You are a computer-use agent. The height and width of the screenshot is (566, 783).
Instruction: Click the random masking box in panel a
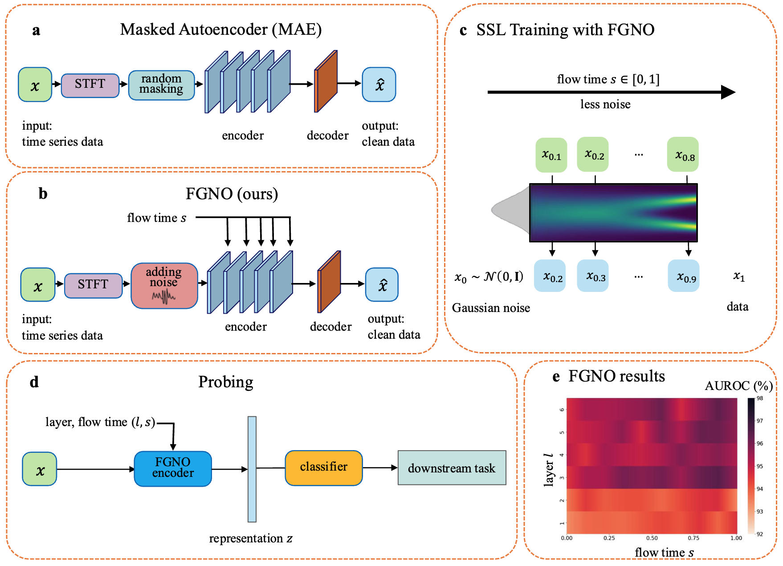click(161, 85)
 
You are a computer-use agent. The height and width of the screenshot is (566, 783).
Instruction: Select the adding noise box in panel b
click(164, 286)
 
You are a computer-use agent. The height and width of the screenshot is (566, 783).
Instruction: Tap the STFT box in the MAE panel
click(90, 85)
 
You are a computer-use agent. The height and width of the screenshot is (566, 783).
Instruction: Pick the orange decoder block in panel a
click(326, 82)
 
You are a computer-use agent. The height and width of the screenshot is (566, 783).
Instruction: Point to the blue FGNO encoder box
click(173, 468)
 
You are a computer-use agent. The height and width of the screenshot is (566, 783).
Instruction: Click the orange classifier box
click(324, 468)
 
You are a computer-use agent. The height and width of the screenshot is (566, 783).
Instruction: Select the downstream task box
click(452, 468)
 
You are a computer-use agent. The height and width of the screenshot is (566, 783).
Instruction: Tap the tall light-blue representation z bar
click(252, 469)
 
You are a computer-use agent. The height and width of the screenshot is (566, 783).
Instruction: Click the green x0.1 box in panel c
click(551, 155)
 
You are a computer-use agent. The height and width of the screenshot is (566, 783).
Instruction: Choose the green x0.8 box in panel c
click(683, 155)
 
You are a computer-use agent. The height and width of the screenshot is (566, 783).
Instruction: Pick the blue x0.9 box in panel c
click(684, 276)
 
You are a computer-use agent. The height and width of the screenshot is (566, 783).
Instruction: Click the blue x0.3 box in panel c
click(593, 276)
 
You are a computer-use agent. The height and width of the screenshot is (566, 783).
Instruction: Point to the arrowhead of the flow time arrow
click(729, 92)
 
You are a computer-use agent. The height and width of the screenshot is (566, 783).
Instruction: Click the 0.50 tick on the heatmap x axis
click(652, 538)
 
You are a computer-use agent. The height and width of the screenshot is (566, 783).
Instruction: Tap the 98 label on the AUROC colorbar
click(760, 398)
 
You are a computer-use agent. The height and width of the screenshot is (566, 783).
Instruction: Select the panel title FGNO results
click(616, 377)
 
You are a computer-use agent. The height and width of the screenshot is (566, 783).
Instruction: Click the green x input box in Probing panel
click(40, 469)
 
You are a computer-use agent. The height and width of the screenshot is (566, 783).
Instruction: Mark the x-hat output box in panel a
click(379, 85)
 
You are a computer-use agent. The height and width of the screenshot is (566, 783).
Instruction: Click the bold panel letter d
click(34, 382)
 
